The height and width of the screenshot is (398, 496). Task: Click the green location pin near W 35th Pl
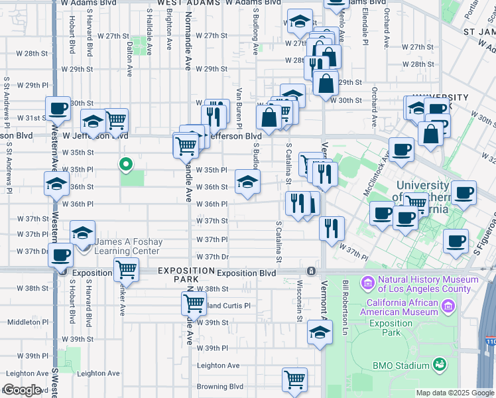coord(125,165)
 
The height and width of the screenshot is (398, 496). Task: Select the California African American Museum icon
coord(449,306)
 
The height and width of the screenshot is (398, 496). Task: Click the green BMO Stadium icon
coord(438,364)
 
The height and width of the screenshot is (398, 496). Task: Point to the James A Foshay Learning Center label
coord(127,246)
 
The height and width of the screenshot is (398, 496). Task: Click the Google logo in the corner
coord(22,390)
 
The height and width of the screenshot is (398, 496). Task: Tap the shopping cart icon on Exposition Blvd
coord(125,269)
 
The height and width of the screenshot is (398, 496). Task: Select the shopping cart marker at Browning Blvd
coord(294,379)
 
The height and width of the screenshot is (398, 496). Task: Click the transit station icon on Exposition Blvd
coord(311,272)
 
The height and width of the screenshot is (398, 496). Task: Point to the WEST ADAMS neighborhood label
coord(184,3)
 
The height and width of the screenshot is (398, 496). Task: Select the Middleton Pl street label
coord(25,322)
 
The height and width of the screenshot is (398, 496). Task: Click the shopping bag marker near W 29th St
coord(326,83)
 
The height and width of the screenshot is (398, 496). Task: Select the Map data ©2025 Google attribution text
coord(455,393)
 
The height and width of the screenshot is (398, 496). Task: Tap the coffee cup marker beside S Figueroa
coord(455,242)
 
